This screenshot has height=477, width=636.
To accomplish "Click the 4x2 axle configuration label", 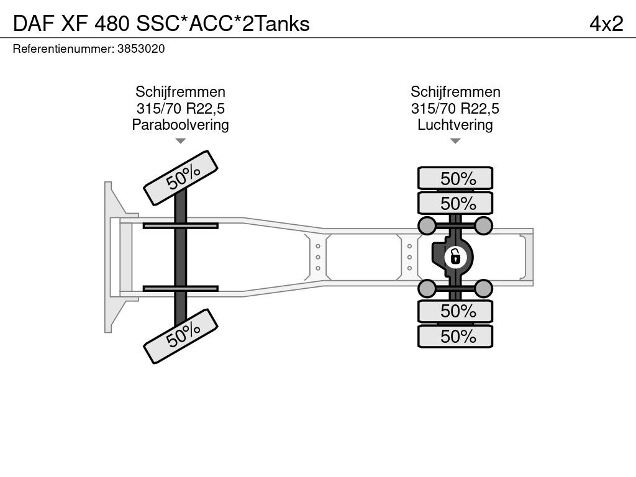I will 606,23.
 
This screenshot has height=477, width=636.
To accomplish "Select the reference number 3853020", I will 141,48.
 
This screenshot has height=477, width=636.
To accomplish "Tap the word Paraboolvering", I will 180,125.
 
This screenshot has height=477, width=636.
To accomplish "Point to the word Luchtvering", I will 455,125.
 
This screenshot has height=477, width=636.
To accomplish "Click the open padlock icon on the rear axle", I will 455,255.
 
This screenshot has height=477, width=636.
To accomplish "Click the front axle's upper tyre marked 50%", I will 181,177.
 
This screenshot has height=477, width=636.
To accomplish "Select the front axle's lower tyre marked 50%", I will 181,335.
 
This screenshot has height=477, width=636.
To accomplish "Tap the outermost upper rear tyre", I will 455,178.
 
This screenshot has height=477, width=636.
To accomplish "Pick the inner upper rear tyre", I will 455,203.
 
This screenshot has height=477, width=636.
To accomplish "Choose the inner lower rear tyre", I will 455,311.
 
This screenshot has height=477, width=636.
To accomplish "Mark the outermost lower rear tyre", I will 455,336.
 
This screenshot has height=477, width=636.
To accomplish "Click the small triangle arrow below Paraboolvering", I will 180,142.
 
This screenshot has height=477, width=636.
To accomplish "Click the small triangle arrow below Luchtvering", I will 455,142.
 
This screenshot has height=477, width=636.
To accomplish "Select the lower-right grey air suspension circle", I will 484,288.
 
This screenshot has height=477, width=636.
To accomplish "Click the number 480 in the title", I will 113,23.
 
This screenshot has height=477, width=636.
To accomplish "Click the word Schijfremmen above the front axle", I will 180,92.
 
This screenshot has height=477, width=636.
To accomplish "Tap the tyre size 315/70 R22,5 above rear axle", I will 455,109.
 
